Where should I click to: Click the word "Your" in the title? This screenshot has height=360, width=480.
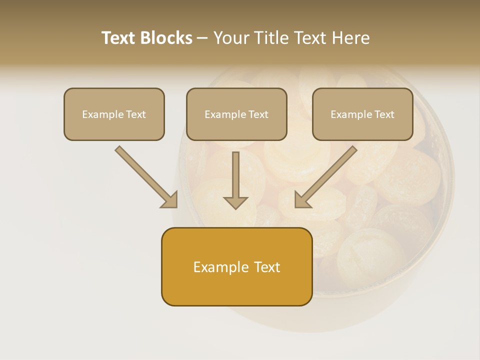pyautogui.click(x=231, y=38)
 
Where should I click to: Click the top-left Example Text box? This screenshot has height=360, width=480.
pyautogui.click(x=114, y=114)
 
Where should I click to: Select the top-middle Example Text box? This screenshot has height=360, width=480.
pyautogui.click(x=236, y=114)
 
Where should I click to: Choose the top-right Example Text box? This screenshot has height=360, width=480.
pyautogui.click(x=362, y=114)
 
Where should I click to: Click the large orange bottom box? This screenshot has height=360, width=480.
pyautogui.click(x=236, y=266)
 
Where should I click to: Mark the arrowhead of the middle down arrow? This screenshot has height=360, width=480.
pyautogui.click(x=235, y=202)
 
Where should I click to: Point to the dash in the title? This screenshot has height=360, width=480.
pyautogui.click(x=202, y=38)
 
